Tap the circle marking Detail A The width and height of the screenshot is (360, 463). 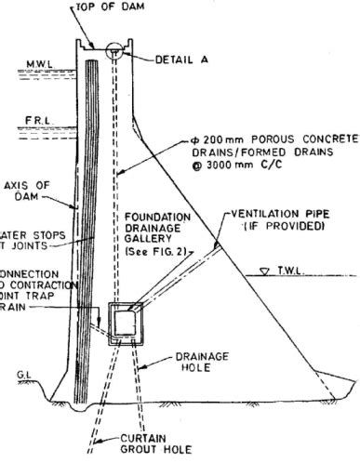pos(118,50)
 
